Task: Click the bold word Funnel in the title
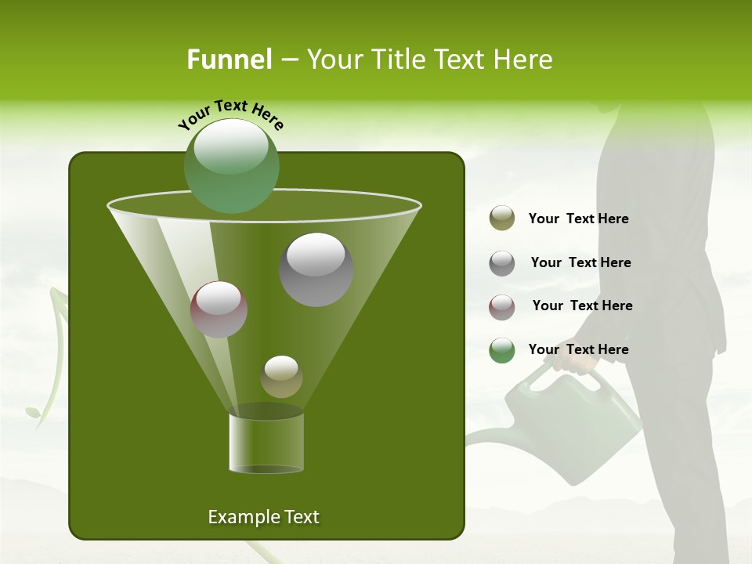pyautogui.click(x=229, y=60)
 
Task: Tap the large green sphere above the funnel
pyautogui.click(x=231, y=166)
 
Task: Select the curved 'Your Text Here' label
pyautogui.click(x=231, y=114)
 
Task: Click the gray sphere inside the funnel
pyautogui.click(x=316, y=269)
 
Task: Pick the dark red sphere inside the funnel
pyautogui.click(x=219, y=309)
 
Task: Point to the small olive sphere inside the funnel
pyautogui.click(x=281, y=377)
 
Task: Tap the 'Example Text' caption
pyautogui.click(x=263, y=517)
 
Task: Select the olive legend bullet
pyautogui.click(x=502, y=219)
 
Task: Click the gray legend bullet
pyautogui.click(x=502, y=263)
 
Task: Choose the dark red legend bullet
pyautogui.click(x=502, y=306)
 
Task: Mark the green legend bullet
pyautogui.click(x=502, y=350)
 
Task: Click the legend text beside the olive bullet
pyautogui.click(x=578, y=219)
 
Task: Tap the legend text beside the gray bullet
pyautogui.click(x=580, y=262)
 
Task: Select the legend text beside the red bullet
pyautogui.click(x=582, y=305)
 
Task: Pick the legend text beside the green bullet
pyautogui.click(x=578, y=349)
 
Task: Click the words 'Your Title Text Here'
pyautogui.click(x=429, y=60)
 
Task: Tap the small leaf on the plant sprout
pyautogui.click(x=33, y=411)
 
